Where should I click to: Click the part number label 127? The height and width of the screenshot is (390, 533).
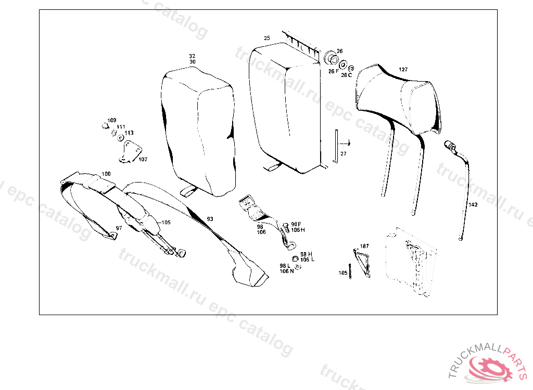(403, 69)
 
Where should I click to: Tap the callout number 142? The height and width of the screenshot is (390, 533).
(473, 204)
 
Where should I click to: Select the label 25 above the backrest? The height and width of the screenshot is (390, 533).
(267, 38)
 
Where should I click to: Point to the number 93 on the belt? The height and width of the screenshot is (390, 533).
(210, 219)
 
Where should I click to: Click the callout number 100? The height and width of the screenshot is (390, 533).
(106, 174)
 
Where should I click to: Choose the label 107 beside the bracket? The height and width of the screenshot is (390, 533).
(143, 159)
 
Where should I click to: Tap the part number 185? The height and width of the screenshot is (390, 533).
(343, 273)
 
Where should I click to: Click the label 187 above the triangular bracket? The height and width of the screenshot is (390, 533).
(364, 246)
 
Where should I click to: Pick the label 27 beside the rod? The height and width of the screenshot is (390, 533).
(344, 153)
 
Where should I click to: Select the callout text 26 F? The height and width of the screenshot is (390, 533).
(333, 71)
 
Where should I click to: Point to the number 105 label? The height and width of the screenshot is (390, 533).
(166, 223)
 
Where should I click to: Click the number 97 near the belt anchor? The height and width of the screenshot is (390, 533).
(119, 228)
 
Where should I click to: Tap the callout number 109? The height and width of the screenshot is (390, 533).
(112, 120)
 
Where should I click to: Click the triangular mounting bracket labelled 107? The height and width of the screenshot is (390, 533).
(131, 151)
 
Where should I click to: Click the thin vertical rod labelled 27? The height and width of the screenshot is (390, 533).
(336, 147)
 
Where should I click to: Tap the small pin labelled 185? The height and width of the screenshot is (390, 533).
(350, 271)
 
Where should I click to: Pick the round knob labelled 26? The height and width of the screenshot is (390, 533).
(331, 58)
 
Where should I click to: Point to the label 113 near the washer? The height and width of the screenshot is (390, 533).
(129, 133)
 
